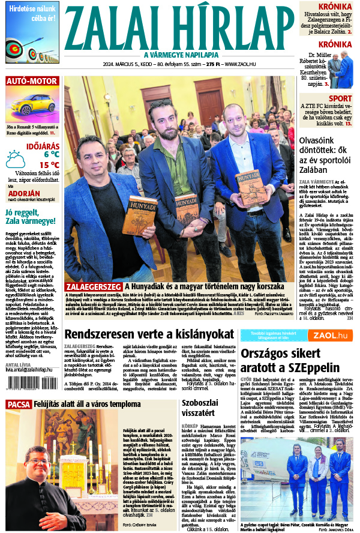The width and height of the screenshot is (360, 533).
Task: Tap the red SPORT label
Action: click(x=340, y=98)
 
